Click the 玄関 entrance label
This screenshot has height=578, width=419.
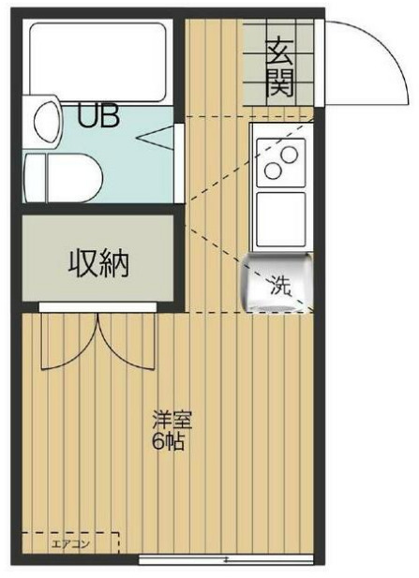[279, 67]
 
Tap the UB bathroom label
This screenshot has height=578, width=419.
[97, 118]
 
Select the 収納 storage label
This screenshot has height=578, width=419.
[97, 265]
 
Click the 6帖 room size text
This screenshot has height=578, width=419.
[169, 441]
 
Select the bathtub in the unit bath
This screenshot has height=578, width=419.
[98, 59]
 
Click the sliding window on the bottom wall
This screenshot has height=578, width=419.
[225, 560]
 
